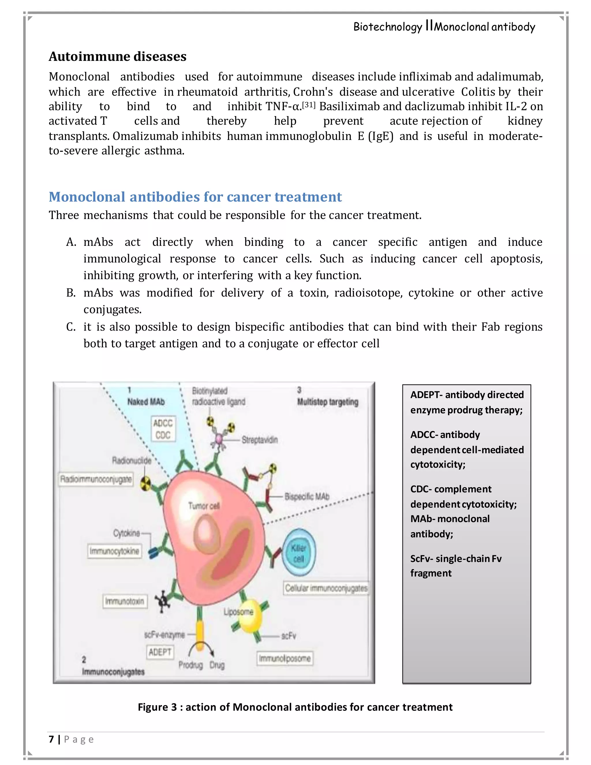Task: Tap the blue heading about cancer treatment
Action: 195,197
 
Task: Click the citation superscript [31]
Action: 308,105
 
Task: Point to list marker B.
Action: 71,293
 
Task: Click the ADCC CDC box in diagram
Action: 163,429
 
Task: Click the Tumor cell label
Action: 204,506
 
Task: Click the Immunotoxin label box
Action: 124,601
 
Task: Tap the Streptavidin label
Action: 259,440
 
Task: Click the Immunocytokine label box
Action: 115,551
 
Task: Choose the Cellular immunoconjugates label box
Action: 326,588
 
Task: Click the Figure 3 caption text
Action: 295,707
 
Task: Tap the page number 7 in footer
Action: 51,739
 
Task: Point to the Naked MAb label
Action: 146,402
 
